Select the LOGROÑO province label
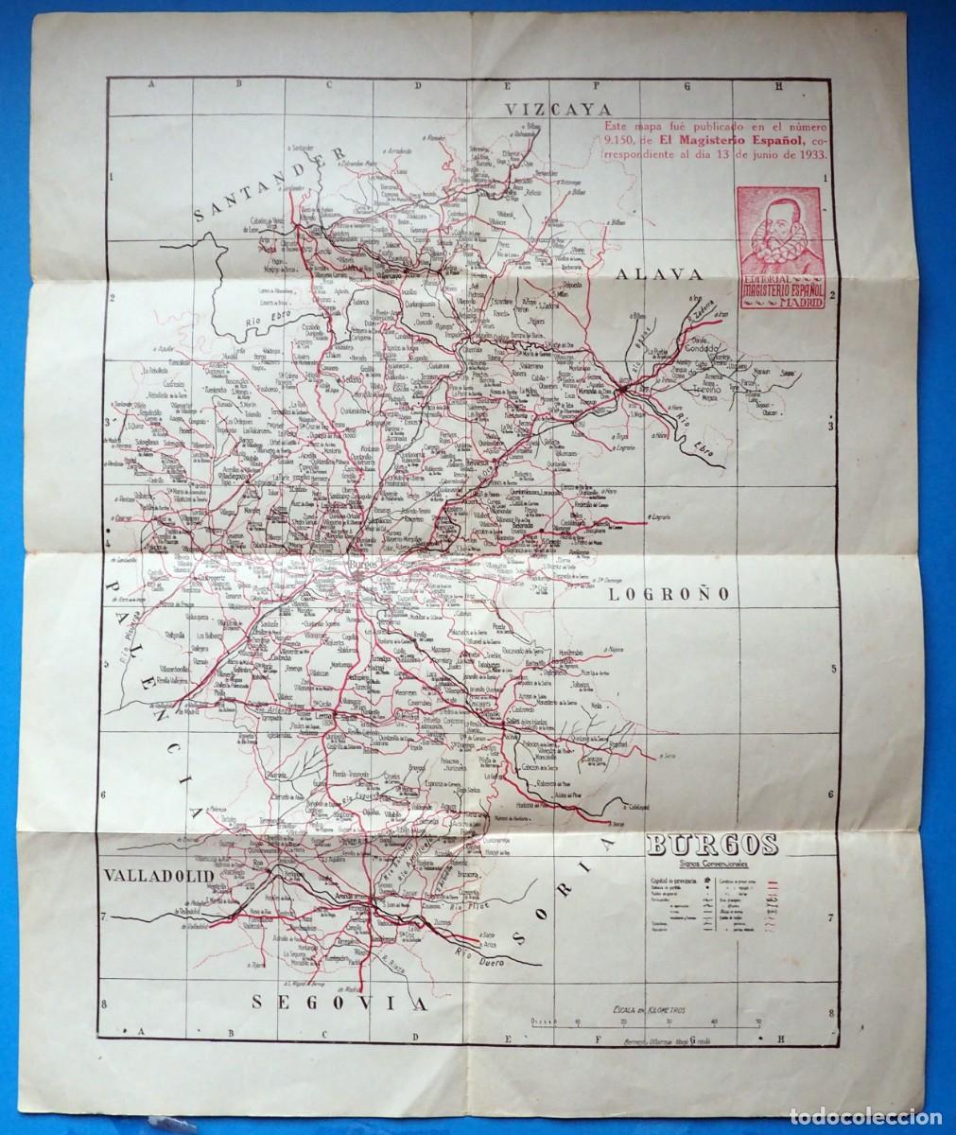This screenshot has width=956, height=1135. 666,595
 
